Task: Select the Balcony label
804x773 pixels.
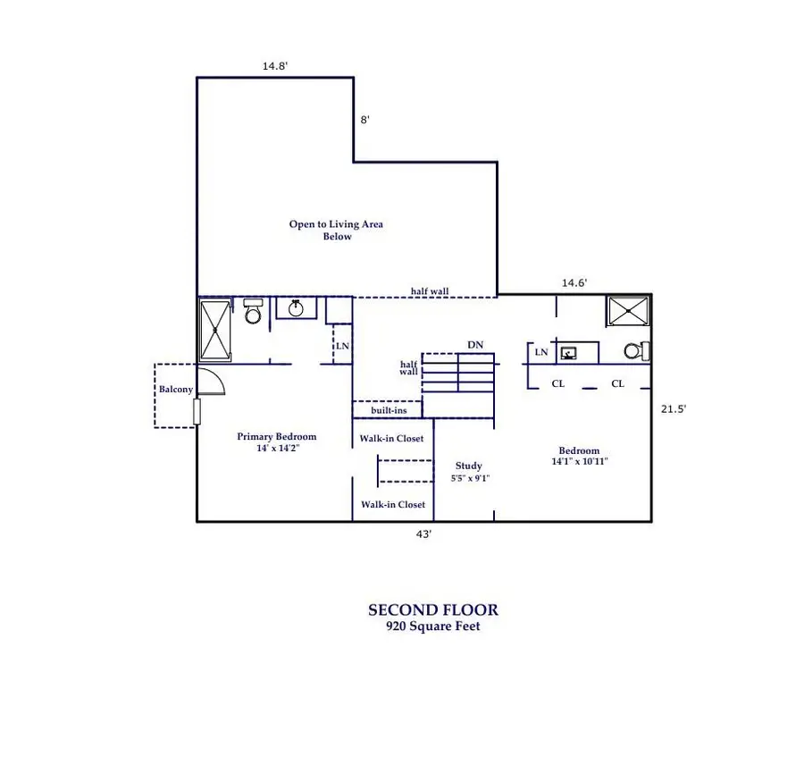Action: pos(175,390)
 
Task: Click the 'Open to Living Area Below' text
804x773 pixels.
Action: pos(336,231)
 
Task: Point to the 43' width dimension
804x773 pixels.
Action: pos(423,534)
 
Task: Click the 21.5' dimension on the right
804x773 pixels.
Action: pos(673,408)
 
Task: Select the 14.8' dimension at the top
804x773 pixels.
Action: pos(275,65)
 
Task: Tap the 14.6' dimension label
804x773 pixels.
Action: pos(574,282)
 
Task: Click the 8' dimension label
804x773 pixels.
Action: pos(364,119)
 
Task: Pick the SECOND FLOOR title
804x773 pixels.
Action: pos(433,610)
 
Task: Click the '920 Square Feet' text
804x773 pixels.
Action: pos(433,627)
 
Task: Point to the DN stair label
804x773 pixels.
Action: pos(475,345)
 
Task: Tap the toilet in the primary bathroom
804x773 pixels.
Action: pos(253,312)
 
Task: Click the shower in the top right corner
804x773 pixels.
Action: pos(628,312)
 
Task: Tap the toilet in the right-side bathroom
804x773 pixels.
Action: pos(633,351)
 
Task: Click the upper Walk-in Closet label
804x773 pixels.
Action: pos(391,439)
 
